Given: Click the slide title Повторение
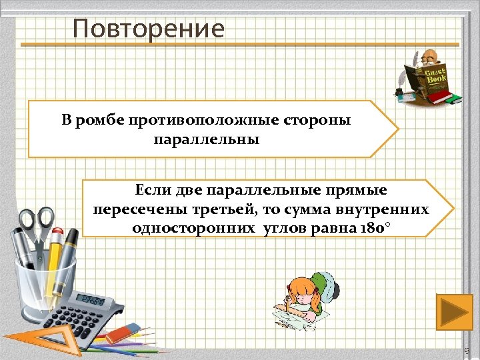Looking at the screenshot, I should coord(149,29).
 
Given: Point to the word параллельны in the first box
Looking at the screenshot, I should coord(206,141).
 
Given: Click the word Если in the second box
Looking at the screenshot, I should coord(153,191).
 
